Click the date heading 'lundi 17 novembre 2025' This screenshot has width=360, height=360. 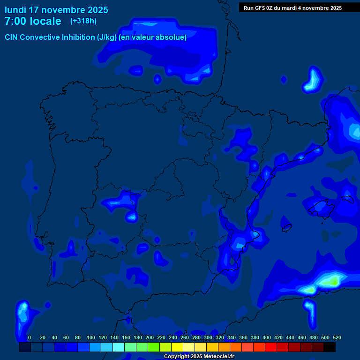(x=56, y=10)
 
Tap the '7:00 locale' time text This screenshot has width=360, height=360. (x=33, y=21)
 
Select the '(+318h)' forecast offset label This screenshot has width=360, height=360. (x=83, y=21)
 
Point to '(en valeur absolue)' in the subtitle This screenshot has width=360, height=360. (x=153, y=37)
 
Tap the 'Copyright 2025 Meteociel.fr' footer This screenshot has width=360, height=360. (x=199, y=356)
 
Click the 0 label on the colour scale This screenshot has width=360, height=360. (x=30, y=337)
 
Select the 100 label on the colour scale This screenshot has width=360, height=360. (x=91, y=337)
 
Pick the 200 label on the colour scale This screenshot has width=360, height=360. (x=150, y=337)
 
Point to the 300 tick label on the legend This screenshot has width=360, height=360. (x=208, y=337)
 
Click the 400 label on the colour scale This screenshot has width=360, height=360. (x=267, y=337)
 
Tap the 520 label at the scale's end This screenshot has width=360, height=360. (x=337, y=337)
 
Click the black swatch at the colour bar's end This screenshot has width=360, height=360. (x=330, y=347)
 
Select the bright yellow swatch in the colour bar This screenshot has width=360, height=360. (x=177, y=347)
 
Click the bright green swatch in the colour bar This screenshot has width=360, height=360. (x=154, y=347)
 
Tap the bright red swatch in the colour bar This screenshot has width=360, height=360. (x=271, y=347)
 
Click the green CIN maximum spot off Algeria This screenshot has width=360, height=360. (x=333, y=281)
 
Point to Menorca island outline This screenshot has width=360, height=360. (x=347, y=199)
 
